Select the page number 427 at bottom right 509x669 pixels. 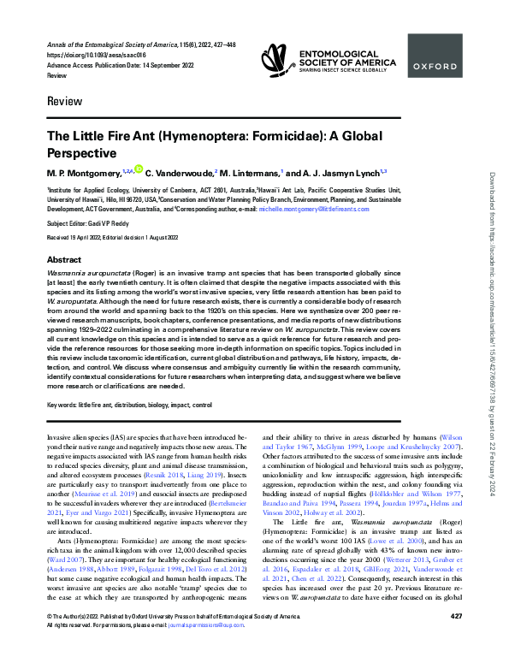(455, 640)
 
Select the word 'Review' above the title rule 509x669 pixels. (61, 105)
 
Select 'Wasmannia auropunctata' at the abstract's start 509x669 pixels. (93, 250)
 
